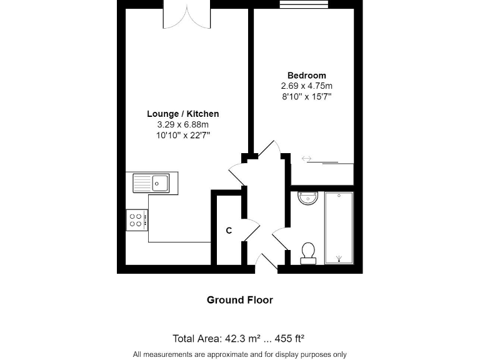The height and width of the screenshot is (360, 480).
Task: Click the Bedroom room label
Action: tap(306, 76)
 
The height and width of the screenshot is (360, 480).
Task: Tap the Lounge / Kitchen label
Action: tap(182, 114)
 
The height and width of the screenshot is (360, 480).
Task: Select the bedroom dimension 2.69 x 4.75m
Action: tap(306, 86)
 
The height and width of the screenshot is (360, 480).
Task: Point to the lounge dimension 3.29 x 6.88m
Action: tap(182, 124)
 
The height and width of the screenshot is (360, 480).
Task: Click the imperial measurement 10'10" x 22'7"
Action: tap(182, 135)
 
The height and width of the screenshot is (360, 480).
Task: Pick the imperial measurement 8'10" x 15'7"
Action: tap(306, 97)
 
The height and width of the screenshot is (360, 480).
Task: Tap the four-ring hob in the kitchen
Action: tap(137, 219)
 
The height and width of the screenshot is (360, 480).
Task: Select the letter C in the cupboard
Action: tap(229, 231)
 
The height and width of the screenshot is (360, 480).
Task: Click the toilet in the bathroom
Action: tap(307, 252)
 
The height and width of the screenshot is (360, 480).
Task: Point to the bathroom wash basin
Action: tap(307, 199)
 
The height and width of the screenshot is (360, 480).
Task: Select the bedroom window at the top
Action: tap(304, 5)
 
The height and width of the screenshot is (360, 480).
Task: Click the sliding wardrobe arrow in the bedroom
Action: tap(306, 159)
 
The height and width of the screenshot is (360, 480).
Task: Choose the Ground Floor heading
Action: tap(240, 300)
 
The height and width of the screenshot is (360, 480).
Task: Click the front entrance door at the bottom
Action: tap(266, 263)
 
